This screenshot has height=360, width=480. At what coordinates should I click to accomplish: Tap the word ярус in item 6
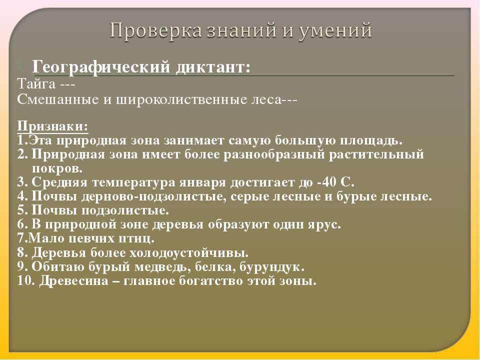click(323, 224)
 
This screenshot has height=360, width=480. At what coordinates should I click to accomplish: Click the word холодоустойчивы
click(195, 252)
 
